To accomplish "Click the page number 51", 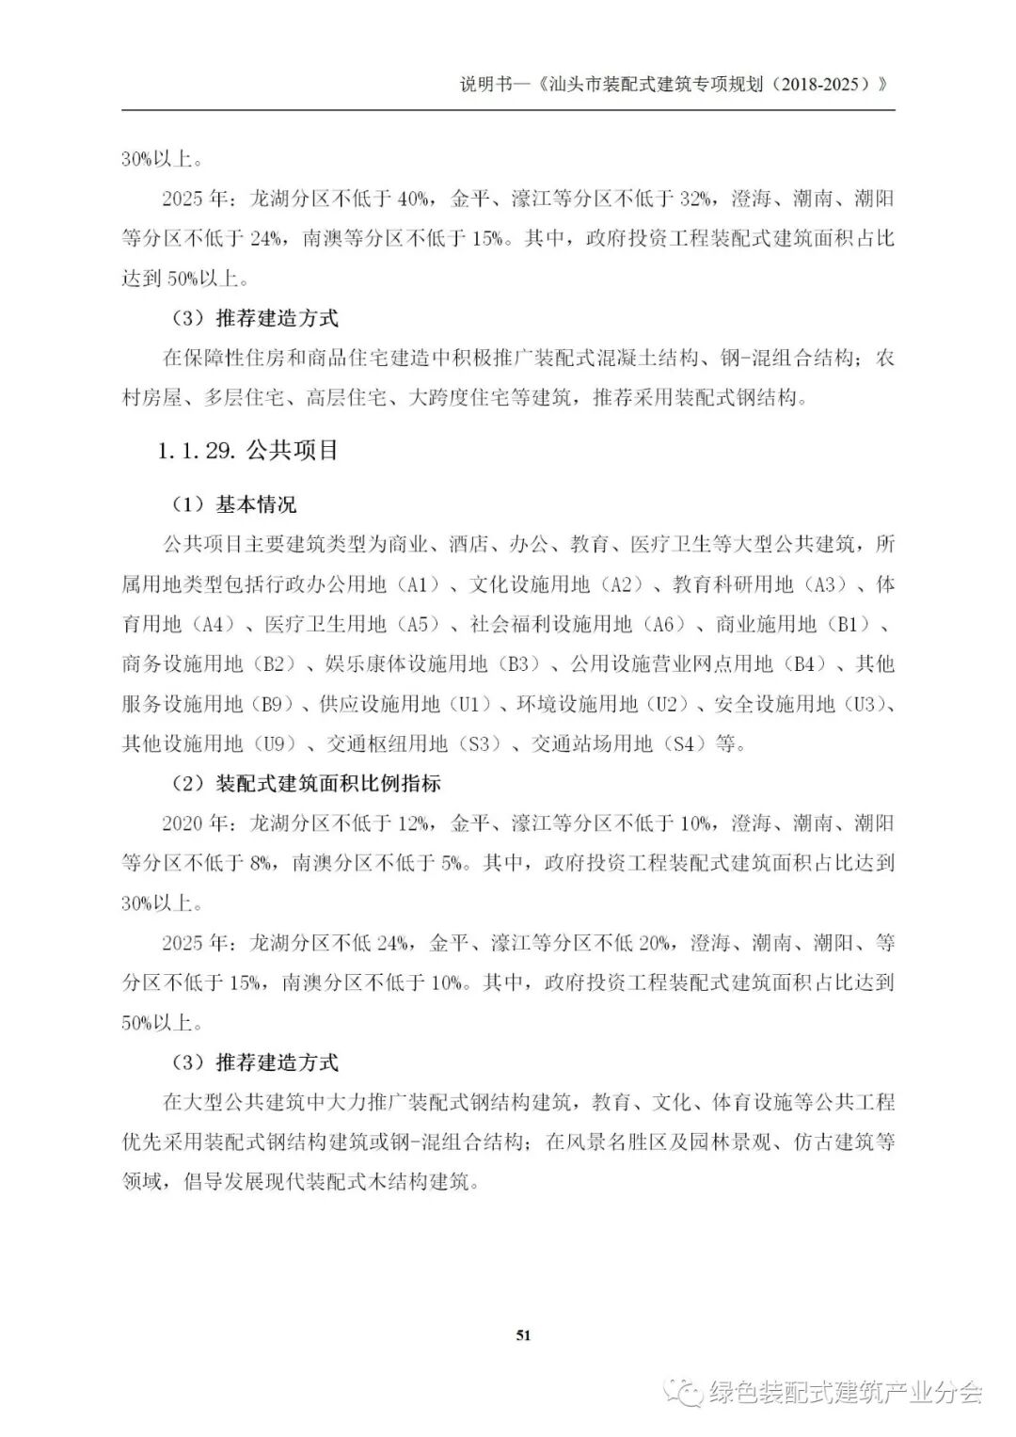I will pos(524,1334).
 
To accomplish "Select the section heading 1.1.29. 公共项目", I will pos(248,451).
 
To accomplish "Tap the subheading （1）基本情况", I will pos(233,505).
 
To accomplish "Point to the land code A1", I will pos(419,585).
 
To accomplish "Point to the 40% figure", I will pos(415,200).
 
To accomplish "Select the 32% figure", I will pos(694,200).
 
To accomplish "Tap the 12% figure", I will pos(415,823).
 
